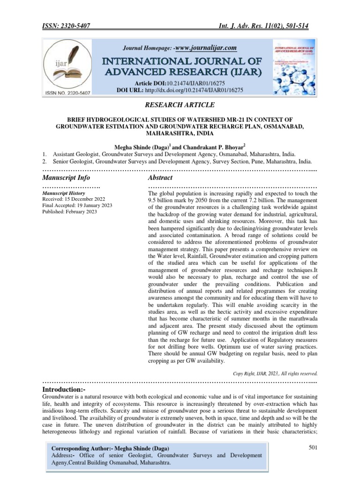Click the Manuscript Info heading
point(66,178)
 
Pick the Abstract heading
point(160,178)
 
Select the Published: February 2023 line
point(69,212)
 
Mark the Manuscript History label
point(64,193)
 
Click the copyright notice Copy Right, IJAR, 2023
point(275,374)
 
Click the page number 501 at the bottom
point(313,448)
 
